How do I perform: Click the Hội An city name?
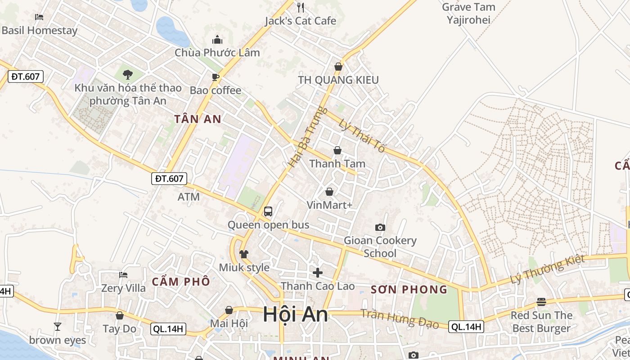tap(295, 314)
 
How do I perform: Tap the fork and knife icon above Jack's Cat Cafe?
tap(301, 7)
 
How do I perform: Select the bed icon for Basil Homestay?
tap(39, 17)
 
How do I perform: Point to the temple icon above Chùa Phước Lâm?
tap(217, 40)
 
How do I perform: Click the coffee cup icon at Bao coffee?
tap(216, 77)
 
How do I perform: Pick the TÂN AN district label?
tap(198, 119)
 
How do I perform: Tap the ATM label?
tap(189, 197)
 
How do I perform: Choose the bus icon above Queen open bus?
tap(268, 211)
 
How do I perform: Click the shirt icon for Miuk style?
tap(244, 254)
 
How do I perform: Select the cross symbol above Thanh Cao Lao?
tap(318, 272)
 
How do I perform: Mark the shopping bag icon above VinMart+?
tap(329, 192)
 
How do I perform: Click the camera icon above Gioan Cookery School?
tap(380, 227)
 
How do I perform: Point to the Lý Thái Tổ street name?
tap(362, 135)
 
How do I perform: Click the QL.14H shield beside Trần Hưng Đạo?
tap(466, 327)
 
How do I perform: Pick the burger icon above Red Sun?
tap(541, 301)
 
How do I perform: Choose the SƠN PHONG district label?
tap(409, 289)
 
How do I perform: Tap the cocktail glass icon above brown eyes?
tap(57, 326)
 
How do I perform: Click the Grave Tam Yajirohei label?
tap(468, 13)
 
